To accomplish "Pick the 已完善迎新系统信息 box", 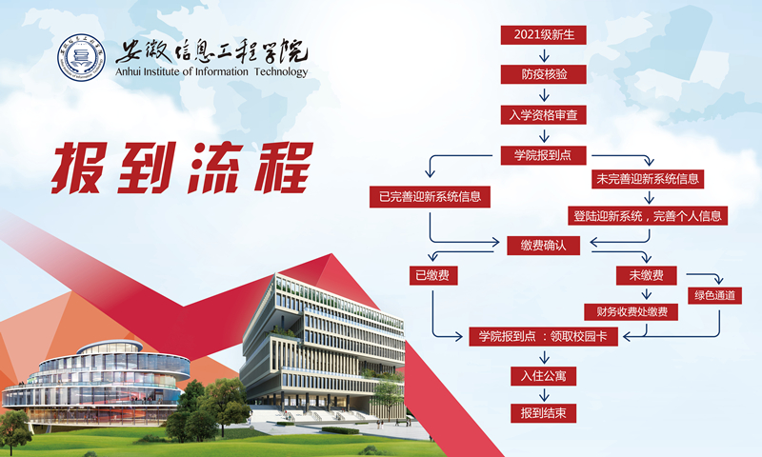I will point(430,197).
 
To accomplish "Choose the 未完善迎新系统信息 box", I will point(650,178).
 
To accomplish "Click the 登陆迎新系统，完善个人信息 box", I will point(650,215).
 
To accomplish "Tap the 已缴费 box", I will point(431,276).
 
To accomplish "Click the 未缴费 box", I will point(646,276).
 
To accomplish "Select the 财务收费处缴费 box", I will point(632,311).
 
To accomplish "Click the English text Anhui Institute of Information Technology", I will point(211,72).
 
